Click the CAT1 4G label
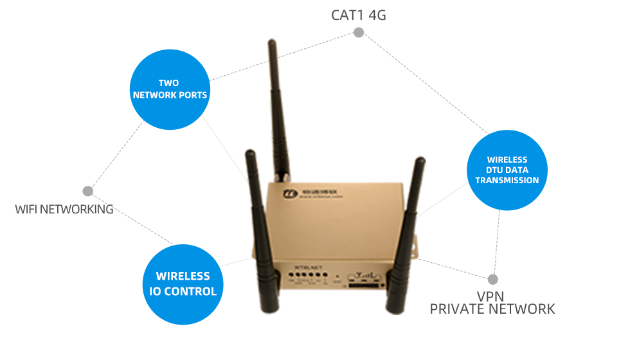pos(359,15)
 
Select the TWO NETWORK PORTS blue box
pos(170,89)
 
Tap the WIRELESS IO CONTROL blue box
pos(183,283)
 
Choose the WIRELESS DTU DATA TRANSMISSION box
pos(507,170)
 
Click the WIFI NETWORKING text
pos(64,209)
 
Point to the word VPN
pos(490,296)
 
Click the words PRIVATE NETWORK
pos(492,309)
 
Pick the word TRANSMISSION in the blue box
pos(507,181)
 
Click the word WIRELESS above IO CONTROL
pos(183,276)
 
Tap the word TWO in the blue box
pos(169,83)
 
